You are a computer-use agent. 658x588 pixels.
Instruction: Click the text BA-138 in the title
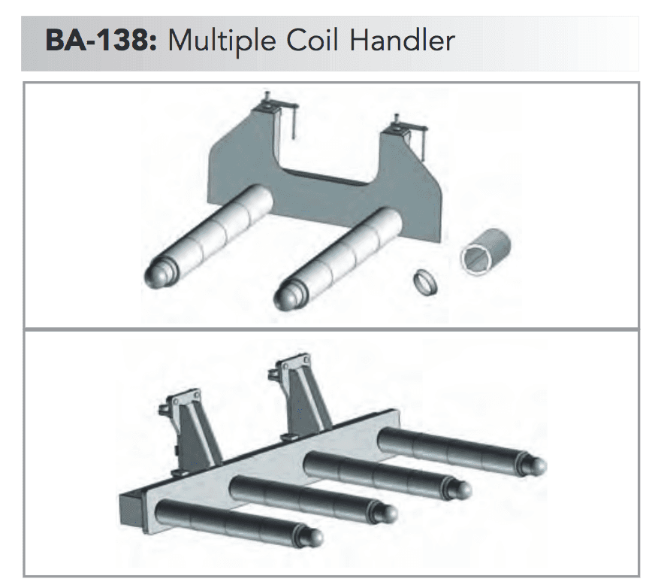pyautogui.click(x=98, y=39)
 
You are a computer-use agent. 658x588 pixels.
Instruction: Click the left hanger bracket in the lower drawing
pyautogui.click(x=188, y=429)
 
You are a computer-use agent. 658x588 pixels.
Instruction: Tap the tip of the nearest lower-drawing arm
pyautogui.click(x=315, y=537)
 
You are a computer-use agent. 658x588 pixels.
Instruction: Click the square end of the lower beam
pyautogui.click(x=131, y=513)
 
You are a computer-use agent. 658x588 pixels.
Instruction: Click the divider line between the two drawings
pyautogui.click(x=331, y=329)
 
